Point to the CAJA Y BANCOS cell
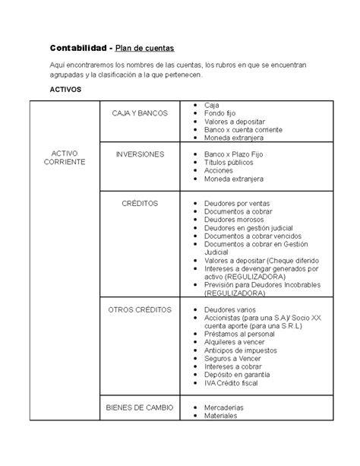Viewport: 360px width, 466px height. pyautogui.click(x=142, y=113)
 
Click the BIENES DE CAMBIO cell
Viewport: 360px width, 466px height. pyautogui.click(x=141, y=407)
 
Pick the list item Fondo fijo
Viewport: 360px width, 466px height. pyautogui.click(x=220, y=113)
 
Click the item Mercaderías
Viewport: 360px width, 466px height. pyautogui.click(x=225, y=407)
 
